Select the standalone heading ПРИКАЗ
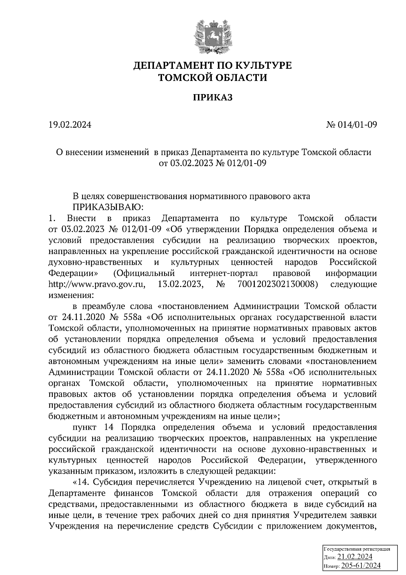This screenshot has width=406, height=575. (x=213, y=98)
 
